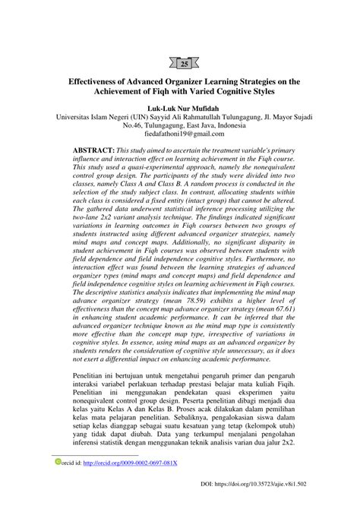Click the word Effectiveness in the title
[100, 80]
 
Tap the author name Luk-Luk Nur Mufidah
[180, 109]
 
